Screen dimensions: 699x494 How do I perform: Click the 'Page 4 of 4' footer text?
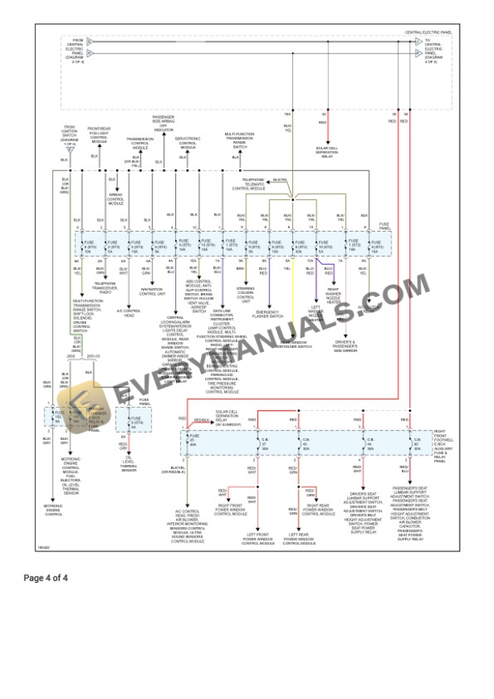(x=46, y=578)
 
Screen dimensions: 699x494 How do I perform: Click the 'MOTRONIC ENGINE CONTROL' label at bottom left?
(x=53, y=510)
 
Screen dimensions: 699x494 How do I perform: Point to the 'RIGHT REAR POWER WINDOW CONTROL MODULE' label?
(x=317, y=510)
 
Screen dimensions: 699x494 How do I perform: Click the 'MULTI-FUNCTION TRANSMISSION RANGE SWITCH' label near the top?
(x=240, y=140)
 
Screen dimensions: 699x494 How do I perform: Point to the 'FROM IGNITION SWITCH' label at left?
(x=70, y=133)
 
